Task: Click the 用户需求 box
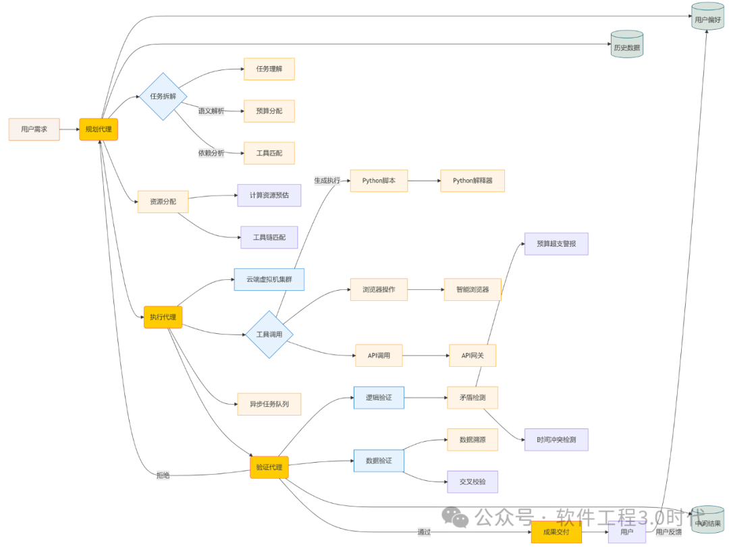pyautogui.click(x=34, y=129)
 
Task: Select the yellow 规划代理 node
pyautogui.click(x=99, y=129)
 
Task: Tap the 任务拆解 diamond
pyautogui.click(x=163, y=96)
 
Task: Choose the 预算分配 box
pyautogui.click(x=269, y=111)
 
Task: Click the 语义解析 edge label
pyautogui.click(x=211, y=111)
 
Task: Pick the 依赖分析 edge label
pyautogui.click(x=211, y=153)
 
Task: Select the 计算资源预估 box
pyautogui.click(x=269, y=196)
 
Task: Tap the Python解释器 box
pyautogui.click(x=472, y=181)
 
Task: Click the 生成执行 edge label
pyautogui.click(x=327, y=181)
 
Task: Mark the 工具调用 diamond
pyautogui.click(x=270, y=335)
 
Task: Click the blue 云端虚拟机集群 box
pyautogui.click(x=269, y=279)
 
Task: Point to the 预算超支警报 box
pyautogui.click(x=556, y=243)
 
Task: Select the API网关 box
pyautogui.click(x=473, y=355)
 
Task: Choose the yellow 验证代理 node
pyautogui.click(x=269, y=467)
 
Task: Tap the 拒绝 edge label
pyautogui.click(x=163, y=476)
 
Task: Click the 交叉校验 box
pyautogui.click(x=473, y=482)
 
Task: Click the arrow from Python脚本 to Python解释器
pyautogui.click(x=424, y=181)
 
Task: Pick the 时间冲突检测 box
pyautogui.click(x=556, y=440)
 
